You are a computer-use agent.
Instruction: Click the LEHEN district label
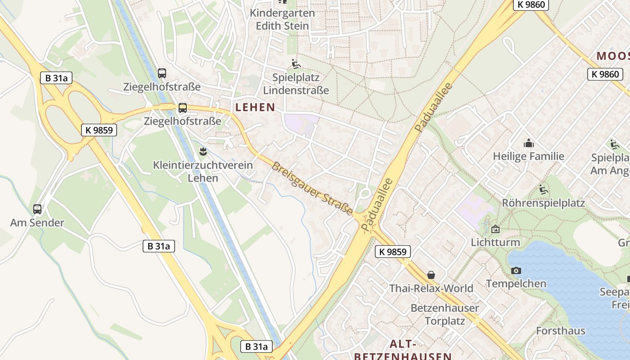(255, 107)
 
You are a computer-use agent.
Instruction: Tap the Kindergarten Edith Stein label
(282, 19)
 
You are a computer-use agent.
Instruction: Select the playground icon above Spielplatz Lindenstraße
(296, 64)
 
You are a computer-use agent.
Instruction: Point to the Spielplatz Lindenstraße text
(296, 84)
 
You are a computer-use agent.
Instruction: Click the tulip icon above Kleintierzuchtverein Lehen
(203, 151)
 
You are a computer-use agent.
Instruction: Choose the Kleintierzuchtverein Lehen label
(203, 171)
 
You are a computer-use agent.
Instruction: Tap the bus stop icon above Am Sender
(37, 209)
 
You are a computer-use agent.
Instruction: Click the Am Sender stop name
(37, 223)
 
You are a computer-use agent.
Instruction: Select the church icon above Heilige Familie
(528, 144)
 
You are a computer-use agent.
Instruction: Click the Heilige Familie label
(528, 157)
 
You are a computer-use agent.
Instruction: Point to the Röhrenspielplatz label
(543, 203)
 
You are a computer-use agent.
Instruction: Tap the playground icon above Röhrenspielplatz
(543, 189)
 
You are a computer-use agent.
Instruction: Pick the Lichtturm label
(495, 243)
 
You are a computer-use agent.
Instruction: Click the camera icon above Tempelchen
(516, 270)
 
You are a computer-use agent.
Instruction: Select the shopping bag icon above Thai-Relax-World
(431, 274)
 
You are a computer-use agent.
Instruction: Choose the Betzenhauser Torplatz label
(445, 315)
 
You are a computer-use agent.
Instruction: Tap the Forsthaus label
(561, 331)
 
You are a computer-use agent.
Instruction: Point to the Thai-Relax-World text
(431, 288)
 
